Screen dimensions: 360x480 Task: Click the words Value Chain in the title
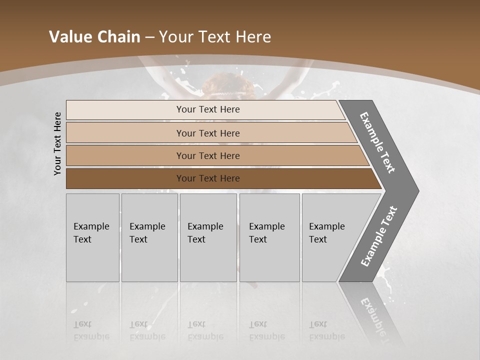(94, 37)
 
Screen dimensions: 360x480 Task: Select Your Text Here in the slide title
(215, 37)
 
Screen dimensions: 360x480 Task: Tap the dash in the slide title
(149, 37)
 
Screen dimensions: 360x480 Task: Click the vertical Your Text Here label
(58, 143)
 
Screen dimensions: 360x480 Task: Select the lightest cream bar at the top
(208, 109)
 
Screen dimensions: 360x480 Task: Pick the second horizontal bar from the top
(208, 133)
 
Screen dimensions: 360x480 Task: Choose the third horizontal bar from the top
(208, 155)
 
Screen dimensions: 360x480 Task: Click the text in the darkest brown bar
(208, 178)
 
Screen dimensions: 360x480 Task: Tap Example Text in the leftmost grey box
(91, 232)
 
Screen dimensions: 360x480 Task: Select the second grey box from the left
(149, 237)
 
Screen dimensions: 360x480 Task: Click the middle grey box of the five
(208, 237)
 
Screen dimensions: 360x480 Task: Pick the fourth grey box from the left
(269, 237)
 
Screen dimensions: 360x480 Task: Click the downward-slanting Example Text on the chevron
(377, 142)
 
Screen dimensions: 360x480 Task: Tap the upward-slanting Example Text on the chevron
(378, 236)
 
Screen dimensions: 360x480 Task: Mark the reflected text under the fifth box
(326, 330)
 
